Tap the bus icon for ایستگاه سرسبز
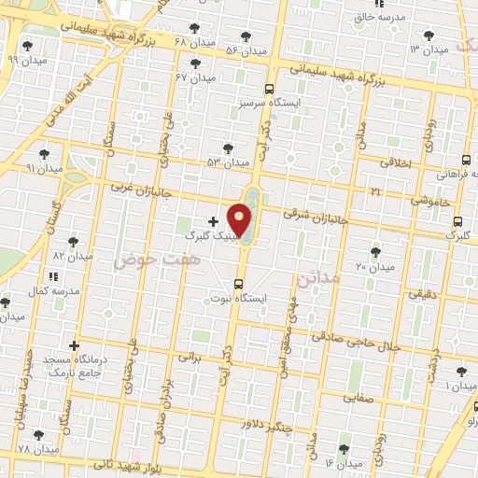[269, 89]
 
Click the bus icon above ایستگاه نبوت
[238, 283]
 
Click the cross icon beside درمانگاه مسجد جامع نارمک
[74, 346]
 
